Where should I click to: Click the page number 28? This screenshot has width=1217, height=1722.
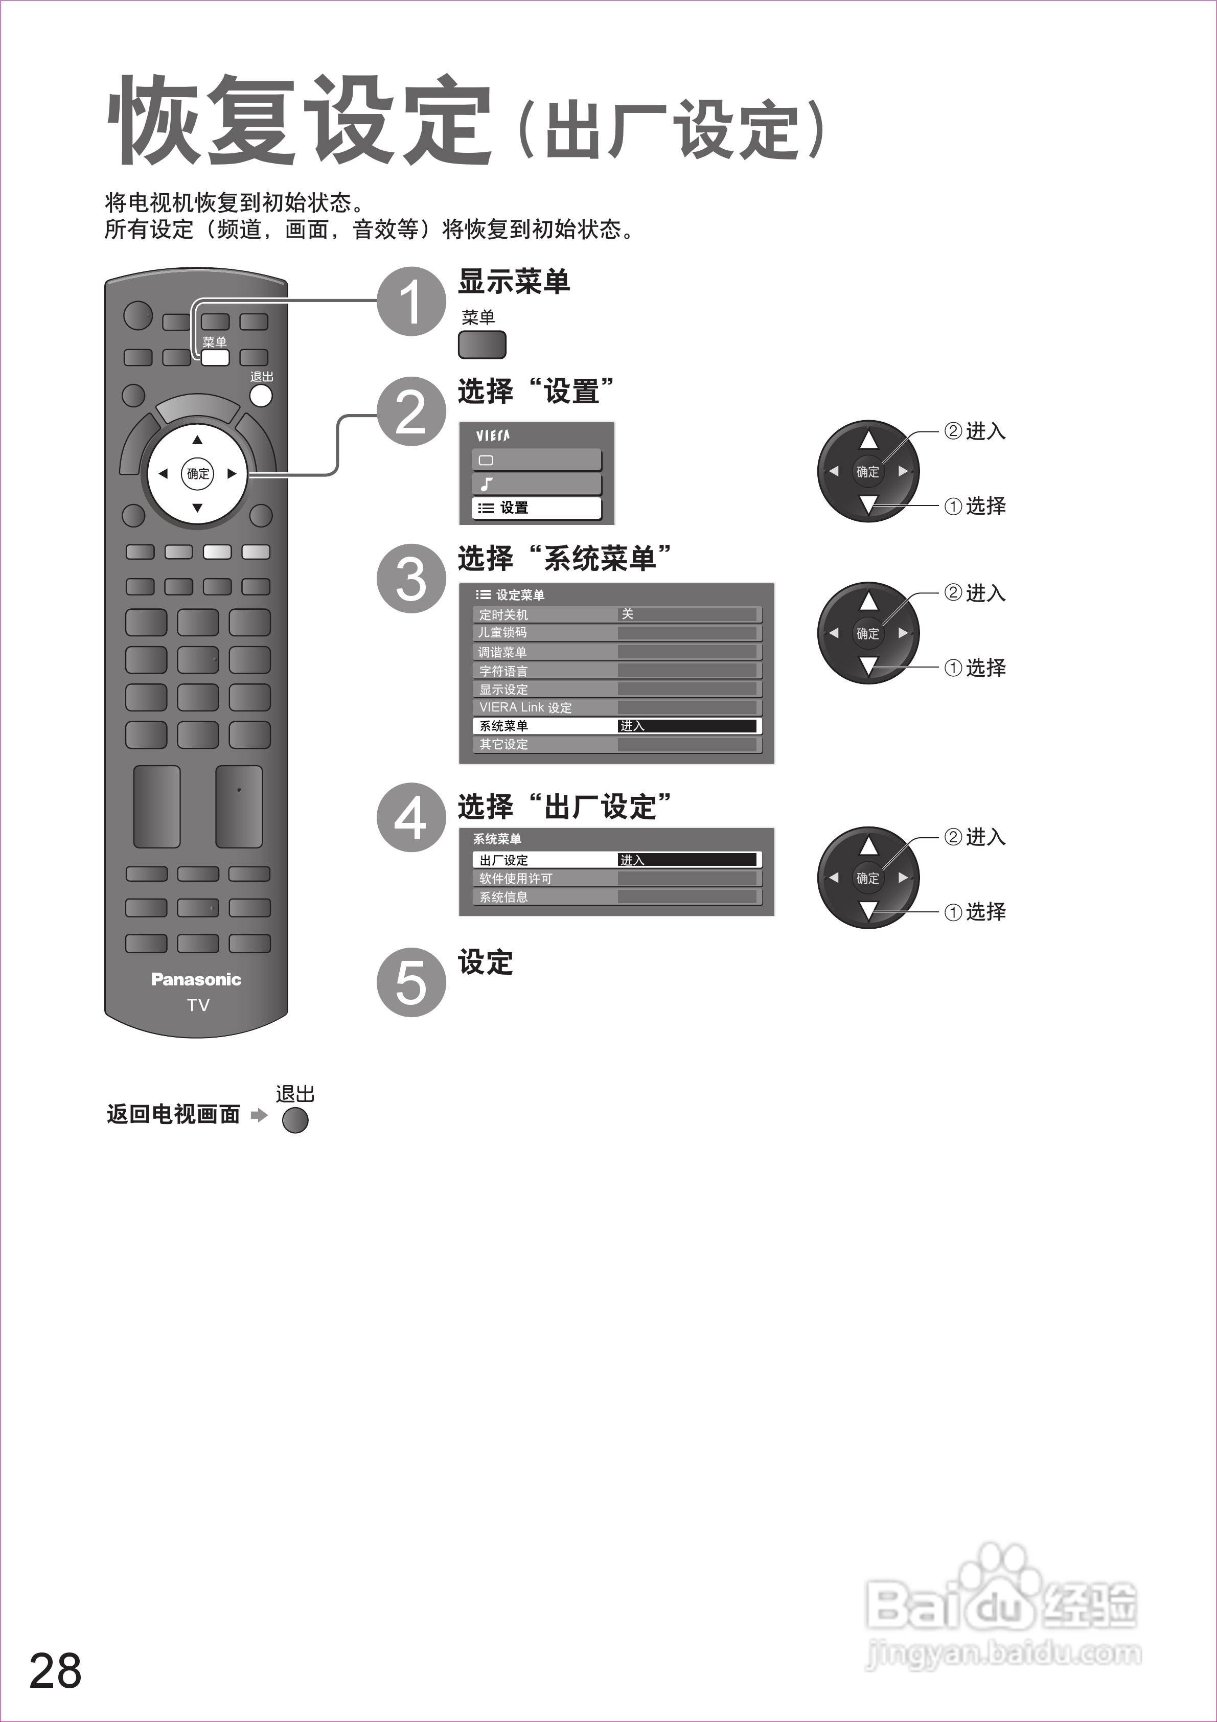pos(56,1670)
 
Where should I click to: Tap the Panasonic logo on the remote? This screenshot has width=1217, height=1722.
pos(196,979)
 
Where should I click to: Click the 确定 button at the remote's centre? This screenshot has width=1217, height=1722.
pos(198,473)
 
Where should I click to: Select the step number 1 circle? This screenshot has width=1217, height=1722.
pos(411,302)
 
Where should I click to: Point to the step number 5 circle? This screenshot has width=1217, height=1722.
pos(411,982)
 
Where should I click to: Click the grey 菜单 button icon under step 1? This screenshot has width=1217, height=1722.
pos(482,345)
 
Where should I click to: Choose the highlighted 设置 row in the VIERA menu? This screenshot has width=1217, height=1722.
pos(536,508)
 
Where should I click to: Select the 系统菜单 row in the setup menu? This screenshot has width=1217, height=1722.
pos(616,726)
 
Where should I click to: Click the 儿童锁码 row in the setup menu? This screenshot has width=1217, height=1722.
pos(616,633)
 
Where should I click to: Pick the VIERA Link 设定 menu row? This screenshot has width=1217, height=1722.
pos(616,707)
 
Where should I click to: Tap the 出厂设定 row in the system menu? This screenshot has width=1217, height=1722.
pos(616,860)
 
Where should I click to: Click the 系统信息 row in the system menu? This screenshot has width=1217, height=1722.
pos(616,897)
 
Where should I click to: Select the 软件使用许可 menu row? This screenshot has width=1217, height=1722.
pos(616,878)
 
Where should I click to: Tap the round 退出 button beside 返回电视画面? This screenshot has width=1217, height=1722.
pos(295,1120)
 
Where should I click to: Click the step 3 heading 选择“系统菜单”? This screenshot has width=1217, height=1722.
pos(564,559)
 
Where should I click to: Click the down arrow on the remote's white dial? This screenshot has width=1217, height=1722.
pos(197,508)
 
